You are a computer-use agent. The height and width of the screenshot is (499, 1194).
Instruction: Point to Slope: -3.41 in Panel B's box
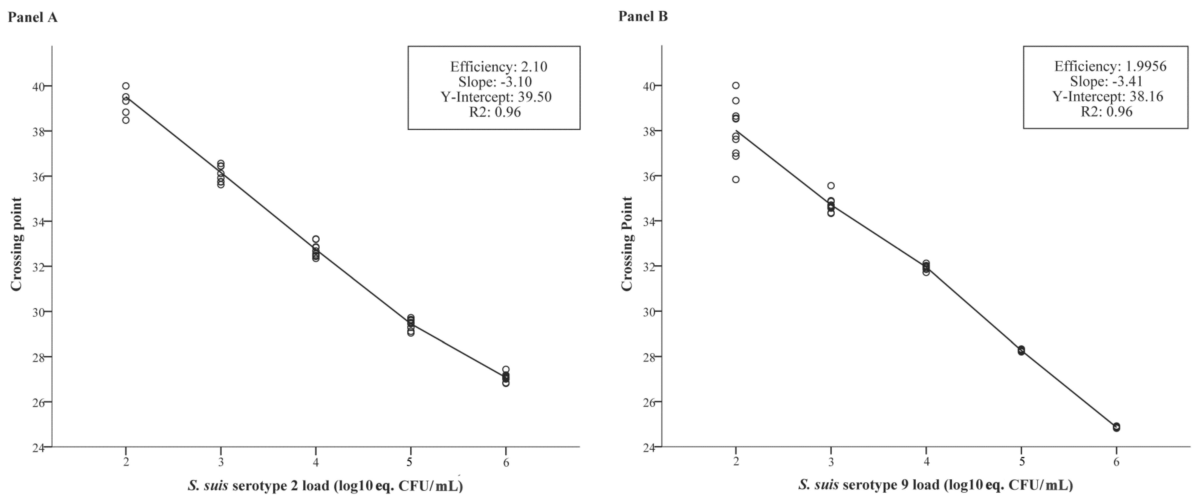pos(1106,82)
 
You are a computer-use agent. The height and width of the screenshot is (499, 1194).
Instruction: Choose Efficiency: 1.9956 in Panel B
pos(1110,66)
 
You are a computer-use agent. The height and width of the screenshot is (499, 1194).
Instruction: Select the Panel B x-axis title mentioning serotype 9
pos(935,485)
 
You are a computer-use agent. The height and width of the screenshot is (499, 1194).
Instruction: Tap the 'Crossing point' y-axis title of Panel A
pos(17,244)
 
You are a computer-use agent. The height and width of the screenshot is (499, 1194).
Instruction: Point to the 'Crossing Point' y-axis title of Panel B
pos(627,244)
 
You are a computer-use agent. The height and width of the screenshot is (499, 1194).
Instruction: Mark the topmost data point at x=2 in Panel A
pos(126,86)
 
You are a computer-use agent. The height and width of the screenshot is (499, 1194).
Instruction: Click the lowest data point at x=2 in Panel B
pos(736,179)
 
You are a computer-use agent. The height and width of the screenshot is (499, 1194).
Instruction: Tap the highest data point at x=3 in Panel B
pos(831,186)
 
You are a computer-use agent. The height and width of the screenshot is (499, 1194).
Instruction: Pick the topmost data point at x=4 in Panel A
pos(316,239)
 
